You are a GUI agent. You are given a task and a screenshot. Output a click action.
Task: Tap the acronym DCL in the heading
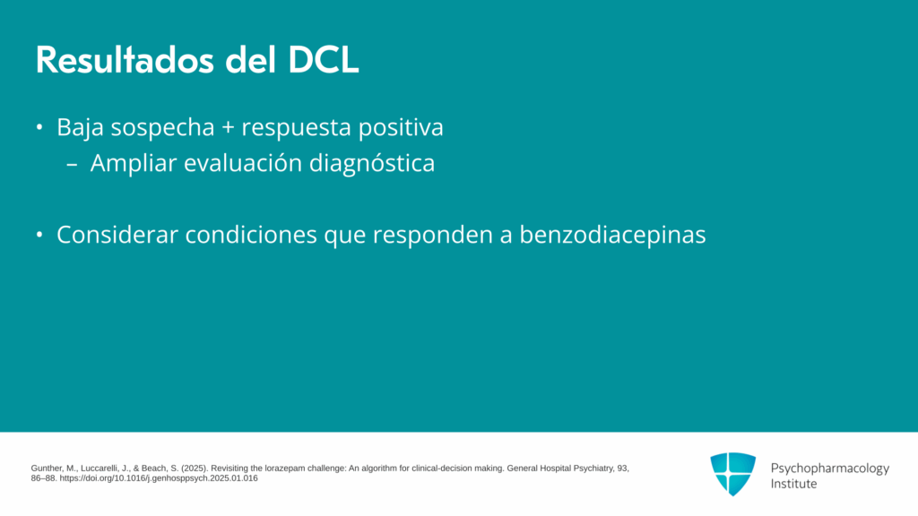323,60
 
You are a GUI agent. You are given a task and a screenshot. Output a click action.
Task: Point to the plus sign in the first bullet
228,128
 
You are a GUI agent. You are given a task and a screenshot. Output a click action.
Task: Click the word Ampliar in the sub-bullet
134,164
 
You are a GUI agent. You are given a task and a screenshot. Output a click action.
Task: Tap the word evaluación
243,163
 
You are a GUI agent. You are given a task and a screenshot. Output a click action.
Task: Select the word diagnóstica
372,164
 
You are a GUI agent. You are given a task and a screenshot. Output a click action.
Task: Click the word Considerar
117,236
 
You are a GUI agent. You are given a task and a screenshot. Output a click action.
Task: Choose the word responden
433,236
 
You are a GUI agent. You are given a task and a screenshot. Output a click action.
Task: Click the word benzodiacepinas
612,236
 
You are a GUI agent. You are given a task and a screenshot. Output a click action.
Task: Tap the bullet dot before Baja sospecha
39,127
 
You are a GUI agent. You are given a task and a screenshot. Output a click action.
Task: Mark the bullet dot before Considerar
39,235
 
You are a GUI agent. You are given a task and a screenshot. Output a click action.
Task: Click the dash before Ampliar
72,166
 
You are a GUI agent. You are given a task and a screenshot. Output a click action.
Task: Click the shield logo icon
733,474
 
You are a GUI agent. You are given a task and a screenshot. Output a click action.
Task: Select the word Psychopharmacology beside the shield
829,469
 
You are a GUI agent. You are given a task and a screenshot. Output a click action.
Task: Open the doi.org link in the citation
159,478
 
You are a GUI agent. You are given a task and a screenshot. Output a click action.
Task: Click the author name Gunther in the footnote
47,469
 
